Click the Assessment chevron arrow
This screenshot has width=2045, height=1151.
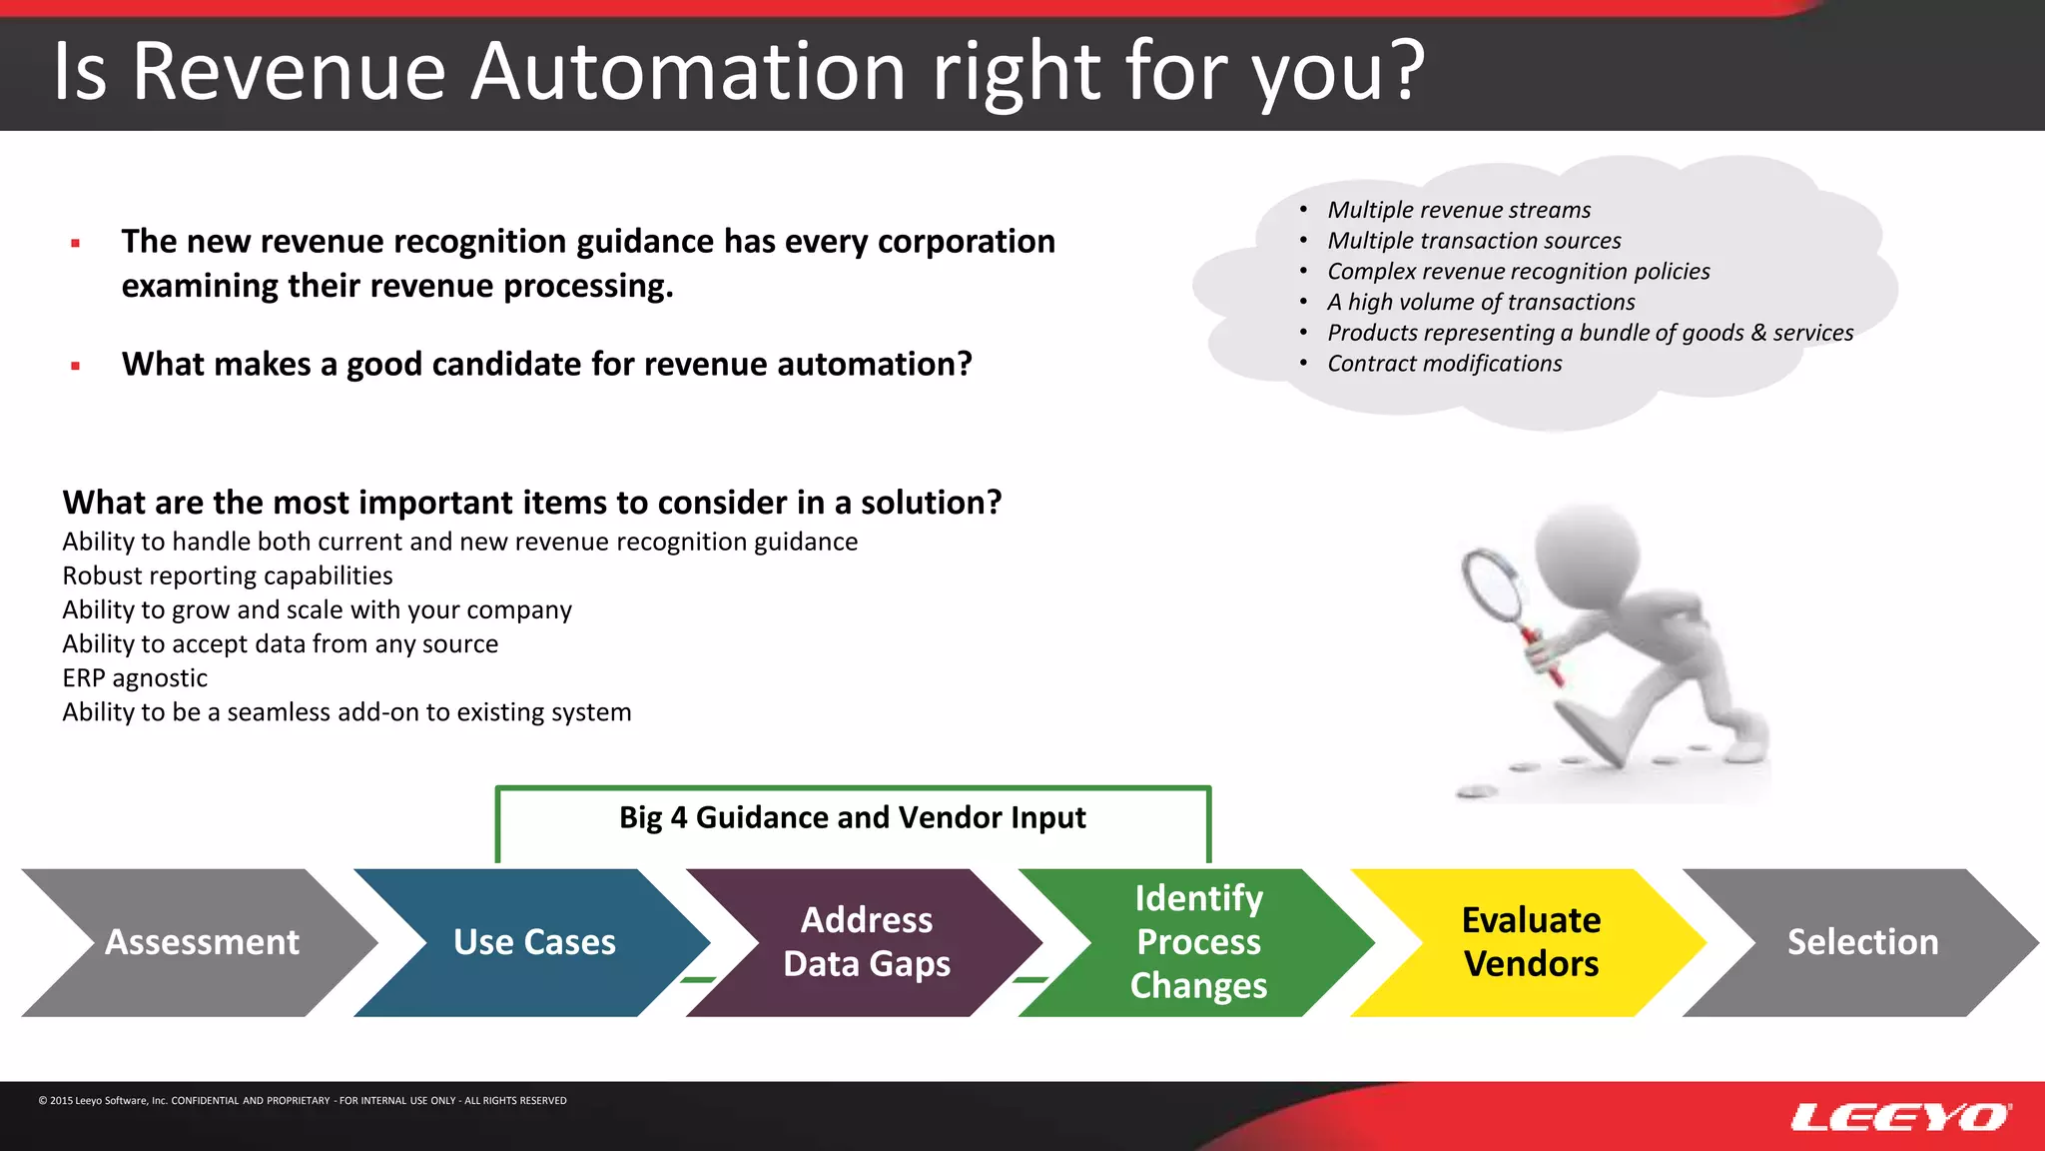pos(200,942)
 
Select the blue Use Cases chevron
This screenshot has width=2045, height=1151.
pos(533,942)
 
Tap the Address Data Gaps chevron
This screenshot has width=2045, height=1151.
pos(866,942)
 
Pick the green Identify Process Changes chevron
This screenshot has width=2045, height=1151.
pos(1198,942)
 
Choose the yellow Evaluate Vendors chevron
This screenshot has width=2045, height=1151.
pos(1530,942)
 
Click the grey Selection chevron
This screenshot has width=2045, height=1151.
pos(1862,942)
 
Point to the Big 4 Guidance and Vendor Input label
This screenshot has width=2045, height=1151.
pos(852,817)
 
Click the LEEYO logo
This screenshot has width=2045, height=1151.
pos(1900,1116)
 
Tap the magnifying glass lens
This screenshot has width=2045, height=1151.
pos(1494,585)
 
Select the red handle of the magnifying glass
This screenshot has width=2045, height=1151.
pos(1542,656)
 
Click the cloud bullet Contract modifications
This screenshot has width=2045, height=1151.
pos(1444,364)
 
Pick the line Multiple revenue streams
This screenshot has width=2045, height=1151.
pos(1458,210)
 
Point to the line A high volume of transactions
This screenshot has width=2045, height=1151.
pos(1480,302)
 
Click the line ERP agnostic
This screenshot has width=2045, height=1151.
pos(135,678)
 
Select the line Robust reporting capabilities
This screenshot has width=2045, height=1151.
pos(228,576)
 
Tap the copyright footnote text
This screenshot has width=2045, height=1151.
pos(303,1100)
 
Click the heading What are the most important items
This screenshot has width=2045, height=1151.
pos(531,503)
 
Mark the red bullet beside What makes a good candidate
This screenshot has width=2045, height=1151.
pos(76,366)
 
